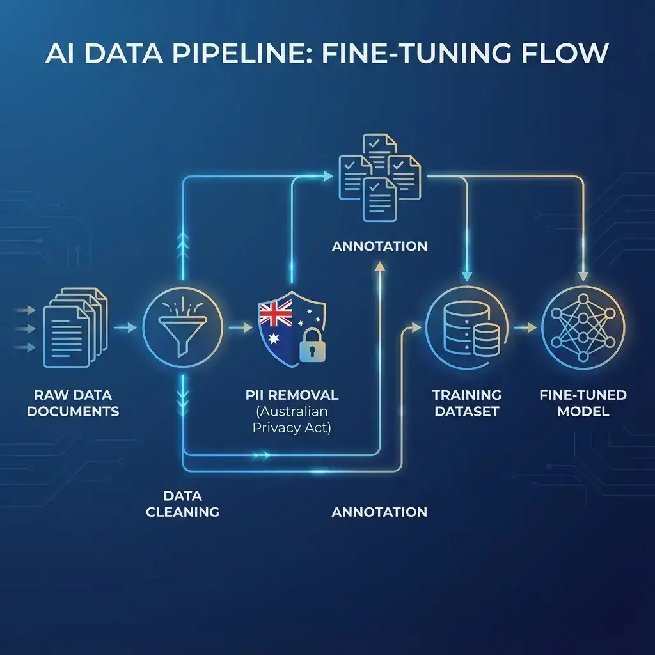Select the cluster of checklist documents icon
coord(378,176)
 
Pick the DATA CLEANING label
coord(182,504)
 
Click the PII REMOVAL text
coord(292,395)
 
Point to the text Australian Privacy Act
coord(292,420)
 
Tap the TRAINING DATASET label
coord(466,403)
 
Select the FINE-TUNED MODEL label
coord(583,403)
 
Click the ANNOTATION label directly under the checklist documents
coord(379,246)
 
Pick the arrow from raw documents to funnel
coord(126,327)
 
